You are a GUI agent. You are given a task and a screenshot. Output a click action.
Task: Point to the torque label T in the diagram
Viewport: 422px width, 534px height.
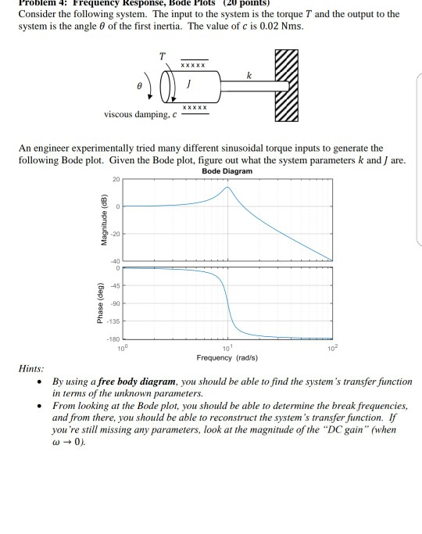[162, 56]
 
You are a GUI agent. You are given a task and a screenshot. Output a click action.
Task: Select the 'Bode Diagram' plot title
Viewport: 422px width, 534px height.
[226, 170]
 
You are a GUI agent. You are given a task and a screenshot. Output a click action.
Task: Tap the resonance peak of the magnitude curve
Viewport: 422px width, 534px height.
[227, 188]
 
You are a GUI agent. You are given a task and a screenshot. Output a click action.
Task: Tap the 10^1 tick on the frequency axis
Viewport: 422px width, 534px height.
[227, 347]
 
